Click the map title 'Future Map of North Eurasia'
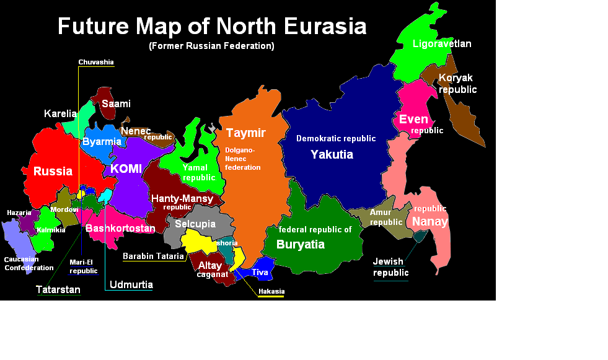point(212,27)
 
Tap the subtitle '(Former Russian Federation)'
point(211,46)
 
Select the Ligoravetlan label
point(442,44)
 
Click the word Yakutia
point(332,154)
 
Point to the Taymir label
point(245,133)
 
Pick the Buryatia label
point(300,244)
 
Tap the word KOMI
point(126,169)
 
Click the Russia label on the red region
point(53,171)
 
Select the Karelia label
point(60,114)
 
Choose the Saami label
point(116,103)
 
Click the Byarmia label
point(102,142)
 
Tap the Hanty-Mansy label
point(182,199)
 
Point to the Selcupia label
point(195,224)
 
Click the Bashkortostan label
point(120,229)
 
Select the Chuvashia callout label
point(96,62)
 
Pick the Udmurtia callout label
point(131,285)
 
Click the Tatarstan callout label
point(58,289)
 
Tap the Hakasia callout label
point(271,291)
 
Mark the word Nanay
point(430,221)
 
